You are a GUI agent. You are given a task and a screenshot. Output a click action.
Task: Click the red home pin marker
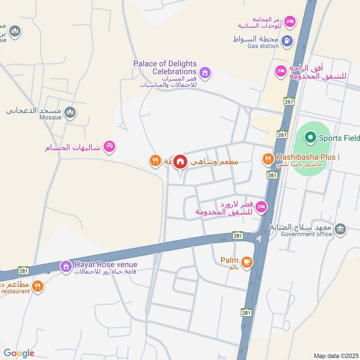click(x=180, y=162)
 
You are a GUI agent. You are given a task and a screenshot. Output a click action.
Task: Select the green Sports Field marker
click(x=310, y=138)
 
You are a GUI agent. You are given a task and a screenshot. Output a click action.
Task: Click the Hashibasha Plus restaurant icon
click(x=268, y=158)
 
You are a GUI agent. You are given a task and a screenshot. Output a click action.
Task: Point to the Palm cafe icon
click(x=246, y=261)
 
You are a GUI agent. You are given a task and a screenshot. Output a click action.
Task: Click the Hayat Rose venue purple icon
click(x=66, y=266)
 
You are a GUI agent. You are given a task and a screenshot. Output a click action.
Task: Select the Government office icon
click(x=341, y=228)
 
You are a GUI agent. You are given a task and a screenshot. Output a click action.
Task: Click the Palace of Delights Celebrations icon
click(x=205, y=72)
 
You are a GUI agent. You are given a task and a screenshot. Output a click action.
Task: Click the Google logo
click(x=19, y=353)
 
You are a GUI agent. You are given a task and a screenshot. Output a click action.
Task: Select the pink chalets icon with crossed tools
click(x=109, y=146)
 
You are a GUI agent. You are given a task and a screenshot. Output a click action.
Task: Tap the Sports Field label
click(x=340, y=138)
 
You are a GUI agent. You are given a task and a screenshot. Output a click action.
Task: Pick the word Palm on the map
click(x=229, y=260)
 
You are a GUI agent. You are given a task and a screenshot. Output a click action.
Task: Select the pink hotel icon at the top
click(x=291, y=21)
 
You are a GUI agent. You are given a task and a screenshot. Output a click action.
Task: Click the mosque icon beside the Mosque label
click(x=70, y=112)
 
